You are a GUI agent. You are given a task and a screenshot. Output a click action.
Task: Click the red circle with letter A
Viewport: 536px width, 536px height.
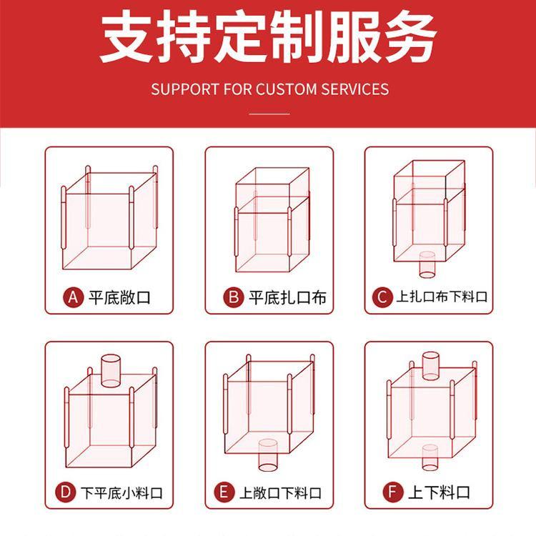[x=73, y=297]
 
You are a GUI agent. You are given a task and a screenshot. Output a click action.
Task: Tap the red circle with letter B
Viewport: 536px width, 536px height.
[x=234, y=297]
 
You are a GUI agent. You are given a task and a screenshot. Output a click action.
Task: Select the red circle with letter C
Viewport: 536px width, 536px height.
[x=382, y=297]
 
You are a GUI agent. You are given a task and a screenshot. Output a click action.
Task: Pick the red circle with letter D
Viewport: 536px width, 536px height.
[x=65, y=492]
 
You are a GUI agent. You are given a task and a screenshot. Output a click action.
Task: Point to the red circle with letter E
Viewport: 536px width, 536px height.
[x=224, y=492]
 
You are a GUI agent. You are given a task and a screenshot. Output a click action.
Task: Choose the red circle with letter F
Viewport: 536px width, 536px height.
[x=393, y=492]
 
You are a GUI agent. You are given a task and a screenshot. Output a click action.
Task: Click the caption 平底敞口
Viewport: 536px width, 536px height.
[x=119, y=297]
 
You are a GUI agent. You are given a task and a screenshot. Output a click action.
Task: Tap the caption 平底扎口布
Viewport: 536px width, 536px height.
[x=287, y=297]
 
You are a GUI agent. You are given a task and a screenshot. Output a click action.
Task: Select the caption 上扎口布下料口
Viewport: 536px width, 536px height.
[x=442, y=297]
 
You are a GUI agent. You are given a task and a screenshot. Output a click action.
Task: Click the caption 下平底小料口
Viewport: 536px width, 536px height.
[x=121, y=492]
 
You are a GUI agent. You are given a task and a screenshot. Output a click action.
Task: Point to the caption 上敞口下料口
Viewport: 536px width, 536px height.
[x=280, y=492]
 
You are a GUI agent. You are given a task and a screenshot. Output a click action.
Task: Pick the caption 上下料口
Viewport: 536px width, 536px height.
[x=440, y=492]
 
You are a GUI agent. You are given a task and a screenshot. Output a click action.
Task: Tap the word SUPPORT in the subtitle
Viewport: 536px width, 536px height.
[x=185, y=89]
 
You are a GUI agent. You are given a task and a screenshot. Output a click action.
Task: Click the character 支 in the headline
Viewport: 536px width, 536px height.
[x=126, y=36]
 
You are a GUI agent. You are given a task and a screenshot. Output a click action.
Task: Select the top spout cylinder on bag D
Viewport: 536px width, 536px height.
[x=111, y=370]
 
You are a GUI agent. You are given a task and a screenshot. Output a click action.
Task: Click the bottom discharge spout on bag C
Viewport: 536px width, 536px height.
[x=427, y=264]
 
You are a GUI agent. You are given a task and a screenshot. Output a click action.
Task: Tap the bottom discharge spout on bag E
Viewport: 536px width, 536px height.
[x=268, y=455]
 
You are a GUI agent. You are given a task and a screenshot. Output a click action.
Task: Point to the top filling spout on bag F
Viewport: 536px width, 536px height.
[x=431, y=366]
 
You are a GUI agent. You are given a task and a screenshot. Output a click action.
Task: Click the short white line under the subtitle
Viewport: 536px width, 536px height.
[x=269, y=114]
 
